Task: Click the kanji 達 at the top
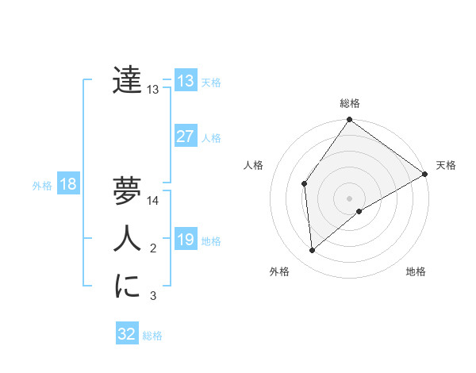tap(127, 79)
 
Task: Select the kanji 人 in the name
tap(127, 238)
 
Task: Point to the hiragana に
tap(127, 286)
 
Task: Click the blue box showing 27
tap(185, 137)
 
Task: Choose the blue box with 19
tap(185, 240)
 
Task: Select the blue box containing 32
tap(127, 334)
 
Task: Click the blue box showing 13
tap(185, 81)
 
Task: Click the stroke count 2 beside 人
tap(153, 249)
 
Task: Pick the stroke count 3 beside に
tap(153, 297)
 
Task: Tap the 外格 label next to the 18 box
tap(42, 186)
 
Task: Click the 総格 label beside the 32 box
tap(152, 335)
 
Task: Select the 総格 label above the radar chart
tap(350, 103)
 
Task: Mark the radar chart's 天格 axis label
tap(446, 165)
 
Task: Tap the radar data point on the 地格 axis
tap(359, 211)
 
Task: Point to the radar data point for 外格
tap(313, 250)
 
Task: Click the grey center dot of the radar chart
tap(349, 198)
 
